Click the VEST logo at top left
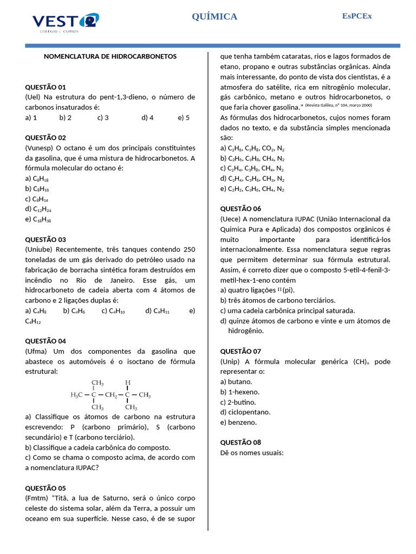66,22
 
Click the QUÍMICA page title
214,17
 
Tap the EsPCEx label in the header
356,16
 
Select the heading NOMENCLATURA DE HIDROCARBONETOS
110,56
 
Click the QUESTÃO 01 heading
45,87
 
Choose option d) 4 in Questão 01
147,117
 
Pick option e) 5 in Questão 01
183,117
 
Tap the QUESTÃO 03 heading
45,239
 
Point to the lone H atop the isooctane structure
128,382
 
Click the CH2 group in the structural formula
112,395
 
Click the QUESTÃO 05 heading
45,487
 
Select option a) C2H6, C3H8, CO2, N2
252,148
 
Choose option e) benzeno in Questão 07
238,422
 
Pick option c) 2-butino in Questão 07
238,402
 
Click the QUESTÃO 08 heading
240,442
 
